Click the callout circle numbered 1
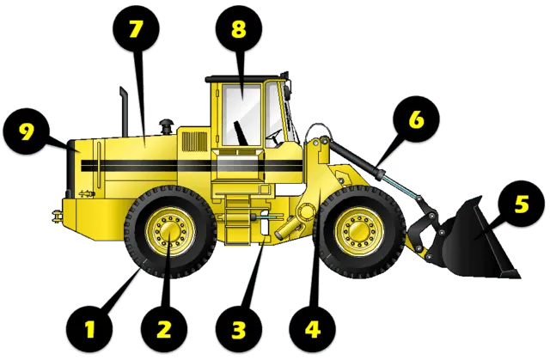pyautogui.click(x=89, y=329)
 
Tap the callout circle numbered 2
pyautogui.click(x=164, y=329)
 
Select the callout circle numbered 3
pyautogui.click(x=239, y=329)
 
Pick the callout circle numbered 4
pyautogui.click(x=312, y=329)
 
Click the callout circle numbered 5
pyautogui.click(x=522, y=204)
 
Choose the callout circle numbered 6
pyautogui.click(x=416, y=119)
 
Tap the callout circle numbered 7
pyautogui.click(x=136, y=28)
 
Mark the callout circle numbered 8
pyautogui.click(x=239, y=28)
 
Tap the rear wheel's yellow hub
pyautogui.click(x=170, y=232)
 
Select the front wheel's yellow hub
pyautogui.click(x=359, y=232)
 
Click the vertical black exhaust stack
pyautogui.click(x=124, y=112)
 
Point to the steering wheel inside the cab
pyautogui.click(x=274, y=137)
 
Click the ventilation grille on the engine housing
pyautogui.click(x=195, y=142)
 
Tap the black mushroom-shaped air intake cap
pyautogui.click(x=166, y=127)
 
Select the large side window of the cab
pyautogui.click(x=242, y=115)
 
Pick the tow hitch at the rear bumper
pyautogui.click(x=57, y=216)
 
